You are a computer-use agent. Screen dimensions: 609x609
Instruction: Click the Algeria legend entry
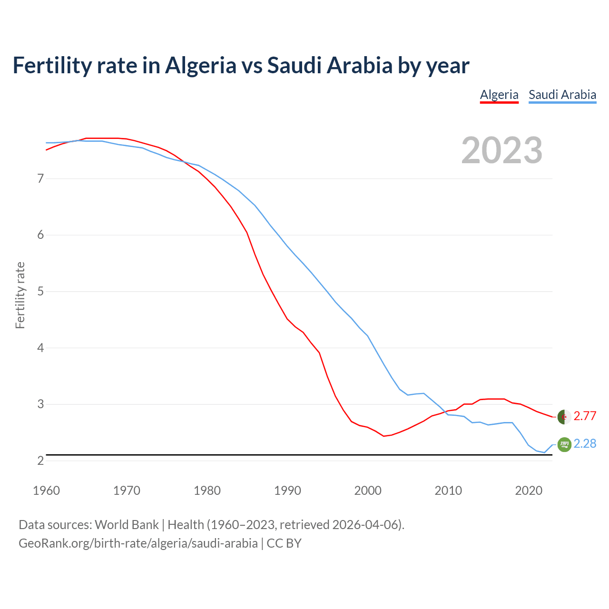[x=499, y=95]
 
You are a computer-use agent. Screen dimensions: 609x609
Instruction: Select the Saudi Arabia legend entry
[x=562, y=95]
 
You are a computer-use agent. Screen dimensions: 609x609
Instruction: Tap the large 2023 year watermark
[x=502, y=150]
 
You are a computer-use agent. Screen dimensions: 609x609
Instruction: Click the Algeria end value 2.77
[x=585, y=416]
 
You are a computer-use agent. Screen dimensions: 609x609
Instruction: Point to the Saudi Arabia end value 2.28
[x=585, y=444]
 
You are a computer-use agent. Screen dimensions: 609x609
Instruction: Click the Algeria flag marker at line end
[x=564, y=417]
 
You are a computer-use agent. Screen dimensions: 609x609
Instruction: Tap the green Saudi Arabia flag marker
[x=564, y=444]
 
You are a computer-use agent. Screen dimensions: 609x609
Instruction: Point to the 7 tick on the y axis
[x=40, y=179]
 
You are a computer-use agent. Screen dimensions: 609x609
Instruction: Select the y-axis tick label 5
[x=40, y=292]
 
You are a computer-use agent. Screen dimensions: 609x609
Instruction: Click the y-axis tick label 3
[x=40, y=404]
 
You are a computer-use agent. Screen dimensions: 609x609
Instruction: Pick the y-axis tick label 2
[x=40, y=461]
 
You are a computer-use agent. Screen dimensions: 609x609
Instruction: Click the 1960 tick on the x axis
[x=46, y=491]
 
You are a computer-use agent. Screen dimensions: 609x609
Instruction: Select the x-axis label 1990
[x=287, y=491]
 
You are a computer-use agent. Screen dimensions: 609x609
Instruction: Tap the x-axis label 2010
[x=448, y=491]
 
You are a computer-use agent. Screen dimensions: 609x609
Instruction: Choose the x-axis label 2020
[x=529, y=491]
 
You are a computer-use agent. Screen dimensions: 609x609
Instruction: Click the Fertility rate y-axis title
[x=20, y=295]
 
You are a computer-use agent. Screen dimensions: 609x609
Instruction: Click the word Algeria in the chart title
[x=200, y=66]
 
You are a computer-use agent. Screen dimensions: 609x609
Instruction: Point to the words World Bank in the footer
[x=127, y=525]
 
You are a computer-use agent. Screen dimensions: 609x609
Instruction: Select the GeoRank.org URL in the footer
[x=138, y=543]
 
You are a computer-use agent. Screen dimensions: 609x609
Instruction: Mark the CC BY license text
[x=284, y=543]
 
